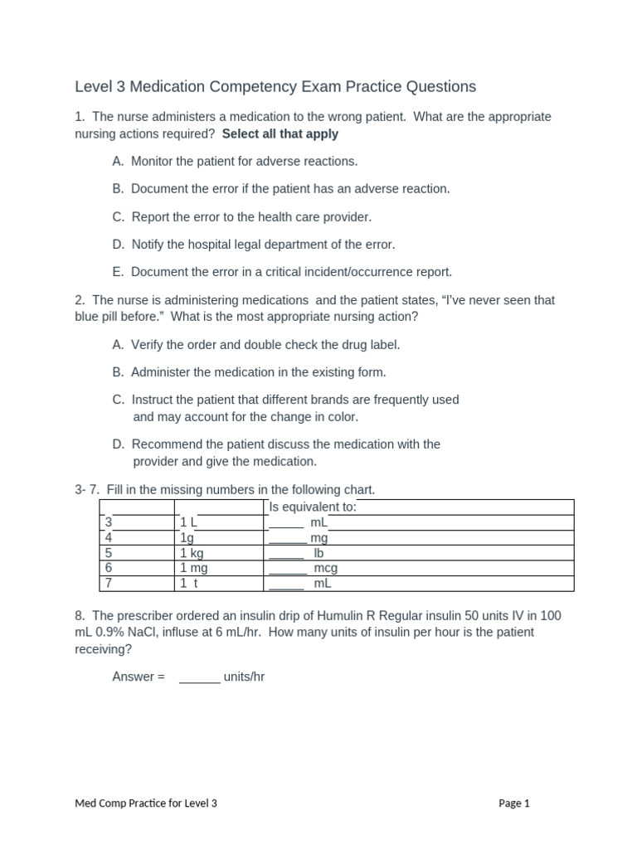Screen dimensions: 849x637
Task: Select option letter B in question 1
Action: coord(117,188)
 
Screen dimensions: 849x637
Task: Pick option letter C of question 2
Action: coord(117,400)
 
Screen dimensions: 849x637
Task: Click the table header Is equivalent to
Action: coord(313,507)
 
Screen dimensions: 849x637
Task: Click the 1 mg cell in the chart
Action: coord(193,568)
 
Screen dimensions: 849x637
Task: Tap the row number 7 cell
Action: coord(108,583)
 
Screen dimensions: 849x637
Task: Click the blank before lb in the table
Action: coord(287,553)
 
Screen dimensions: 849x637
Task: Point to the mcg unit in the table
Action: coord(325,568)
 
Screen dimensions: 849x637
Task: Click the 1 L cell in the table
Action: coord(188,522)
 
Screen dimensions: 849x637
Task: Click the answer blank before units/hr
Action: coord(199,677)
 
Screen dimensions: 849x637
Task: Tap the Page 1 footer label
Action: coord(513,803)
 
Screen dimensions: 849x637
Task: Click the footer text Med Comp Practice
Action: coord(124,803)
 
